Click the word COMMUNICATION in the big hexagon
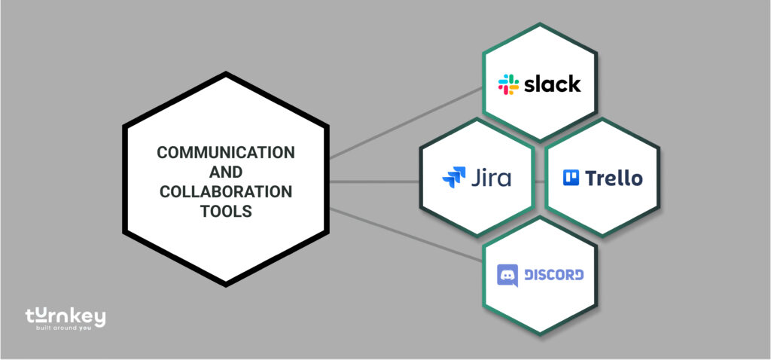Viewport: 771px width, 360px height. (x=226, y=152)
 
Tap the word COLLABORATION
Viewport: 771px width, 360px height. (x=226, y=191)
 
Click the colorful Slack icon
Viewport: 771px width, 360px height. (x=508, y=84)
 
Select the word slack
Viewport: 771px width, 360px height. (x=552, y=84)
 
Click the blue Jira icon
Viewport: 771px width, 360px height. (x=454, y=178)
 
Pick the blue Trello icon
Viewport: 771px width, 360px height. (x=571, y=178)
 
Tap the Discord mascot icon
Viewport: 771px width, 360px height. (x=508, y=275)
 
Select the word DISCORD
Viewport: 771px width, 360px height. (x=553, y=275)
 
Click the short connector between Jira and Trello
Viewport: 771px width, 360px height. (x=539, y=182)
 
